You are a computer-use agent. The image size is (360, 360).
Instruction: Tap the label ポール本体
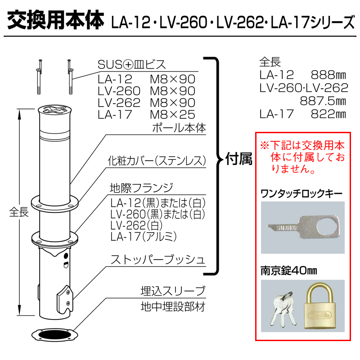tap(179, 128)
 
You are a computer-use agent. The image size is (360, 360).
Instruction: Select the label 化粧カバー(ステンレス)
tap(157, 161)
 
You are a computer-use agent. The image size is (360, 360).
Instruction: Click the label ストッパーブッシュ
tap(158, 260)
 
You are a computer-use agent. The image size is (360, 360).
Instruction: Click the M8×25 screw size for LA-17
tap(173, 115)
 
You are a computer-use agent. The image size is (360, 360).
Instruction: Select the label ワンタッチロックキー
tap(301, 194)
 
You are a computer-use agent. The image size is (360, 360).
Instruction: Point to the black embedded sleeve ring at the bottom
tap(55, 335)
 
